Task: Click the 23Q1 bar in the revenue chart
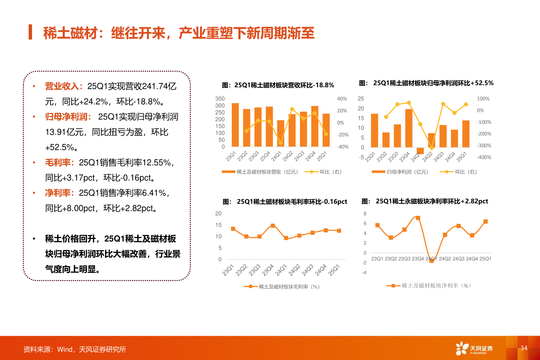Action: (235, 125)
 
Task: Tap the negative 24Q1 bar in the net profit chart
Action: (420, 151)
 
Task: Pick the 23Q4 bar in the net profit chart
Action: (409, 128)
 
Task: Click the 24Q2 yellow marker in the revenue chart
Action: (292, 109)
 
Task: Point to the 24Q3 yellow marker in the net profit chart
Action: (443, 104)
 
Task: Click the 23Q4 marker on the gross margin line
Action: (273, 226)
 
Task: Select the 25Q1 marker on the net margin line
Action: (485, 221)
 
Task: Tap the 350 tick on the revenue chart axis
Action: (220, 99)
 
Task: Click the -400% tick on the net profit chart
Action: (484, 157)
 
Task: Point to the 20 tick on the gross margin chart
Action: (218, 213)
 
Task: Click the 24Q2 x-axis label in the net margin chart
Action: (445, 259)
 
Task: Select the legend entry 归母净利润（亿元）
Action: (400, 172)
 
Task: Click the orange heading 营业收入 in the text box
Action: (62, 86)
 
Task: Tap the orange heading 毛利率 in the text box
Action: (58, 163)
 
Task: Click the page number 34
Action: (524, 348)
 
